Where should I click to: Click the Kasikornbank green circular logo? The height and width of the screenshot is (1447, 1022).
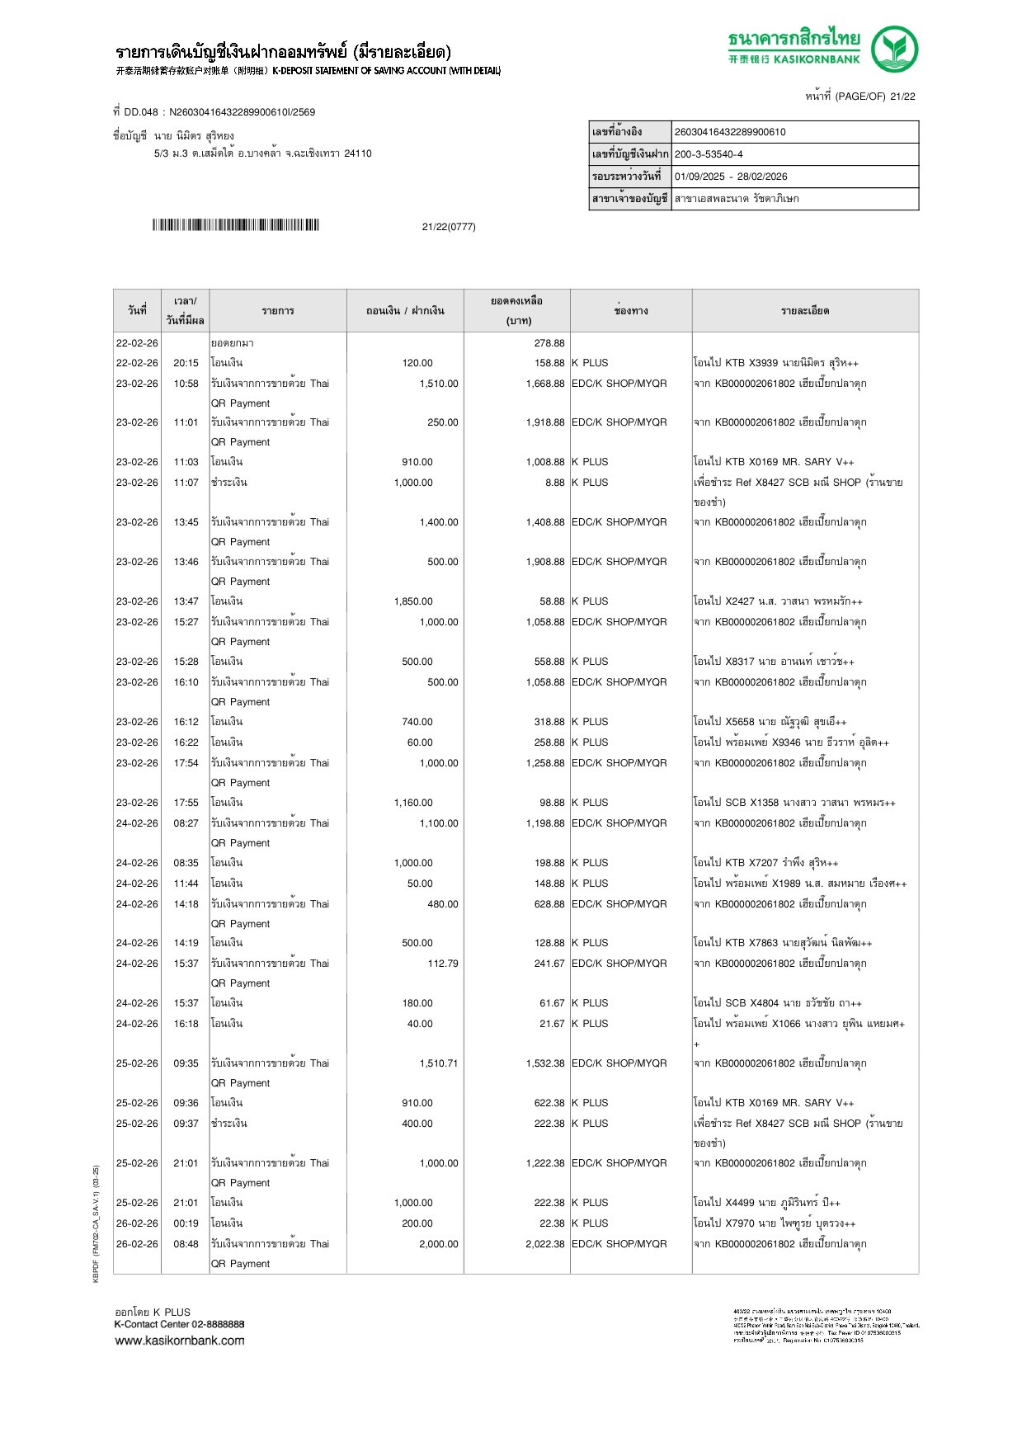[x=895, y=49]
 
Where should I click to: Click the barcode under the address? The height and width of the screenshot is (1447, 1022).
[x=235, y=225]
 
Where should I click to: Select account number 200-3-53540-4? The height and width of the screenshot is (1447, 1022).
[x=709, y=154]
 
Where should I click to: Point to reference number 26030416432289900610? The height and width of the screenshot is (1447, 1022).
[x=730, y=132]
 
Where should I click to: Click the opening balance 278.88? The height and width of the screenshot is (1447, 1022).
[x=549, y=343]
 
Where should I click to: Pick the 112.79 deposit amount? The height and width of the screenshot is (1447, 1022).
[x=443, y=964]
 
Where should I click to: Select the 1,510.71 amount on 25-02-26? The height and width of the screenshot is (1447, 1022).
[x=439, y=1063]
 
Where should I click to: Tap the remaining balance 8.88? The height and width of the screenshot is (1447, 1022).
[x=554, y=483]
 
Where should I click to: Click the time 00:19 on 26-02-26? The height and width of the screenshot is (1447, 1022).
[x=186, y=1223]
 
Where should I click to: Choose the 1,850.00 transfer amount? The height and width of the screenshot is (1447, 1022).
[x=413, y=601]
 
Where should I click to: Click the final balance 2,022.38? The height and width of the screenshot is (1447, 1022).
[x=545, y=1244]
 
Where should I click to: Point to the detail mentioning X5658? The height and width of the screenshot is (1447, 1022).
[x=770, y=722]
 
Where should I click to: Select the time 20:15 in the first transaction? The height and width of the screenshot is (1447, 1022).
[x=186, y=363]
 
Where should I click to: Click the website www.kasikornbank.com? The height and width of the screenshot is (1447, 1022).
[x=180, y=1341]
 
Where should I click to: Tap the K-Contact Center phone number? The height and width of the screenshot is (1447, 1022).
[x=218, y=1324]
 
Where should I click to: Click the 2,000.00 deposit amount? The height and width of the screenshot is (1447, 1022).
[x=439, y=1244]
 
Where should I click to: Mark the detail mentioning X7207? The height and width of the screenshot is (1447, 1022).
[x=765, y=863]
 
